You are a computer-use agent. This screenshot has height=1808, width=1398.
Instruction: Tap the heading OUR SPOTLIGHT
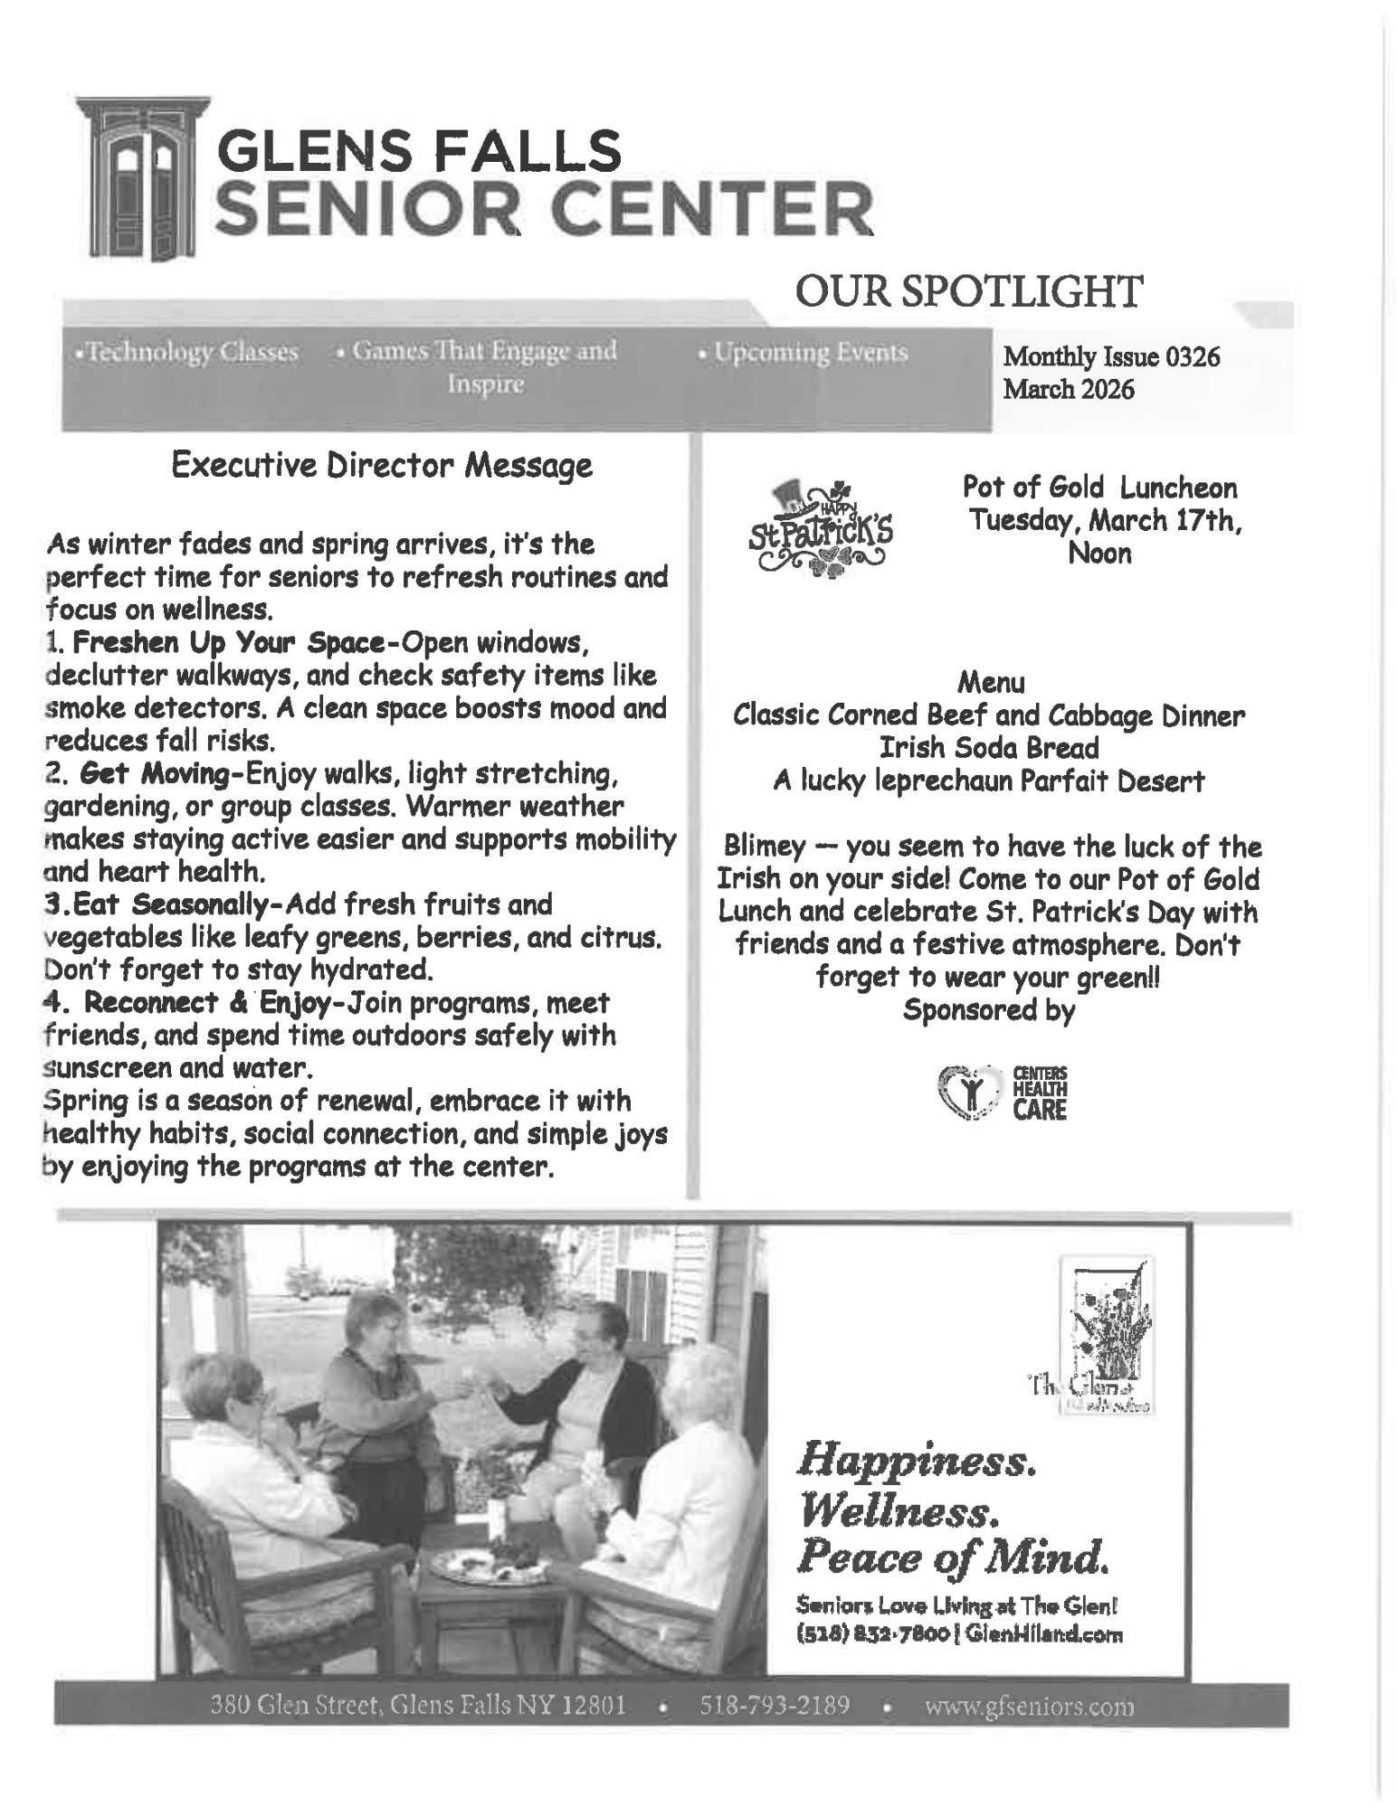tap(968, 292)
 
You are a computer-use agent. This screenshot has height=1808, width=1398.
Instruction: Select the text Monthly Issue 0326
tap(1111, 356)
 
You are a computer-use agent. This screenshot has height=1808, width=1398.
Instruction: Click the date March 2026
tap(1068, 390)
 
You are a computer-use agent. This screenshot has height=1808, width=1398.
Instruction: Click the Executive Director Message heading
tap(381, 466)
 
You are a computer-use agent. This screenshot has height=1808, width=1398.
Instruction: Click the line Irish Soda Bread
tap(989, 748)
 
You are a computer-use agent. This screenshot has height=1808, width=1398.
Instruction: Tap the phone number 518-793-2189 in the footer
tap(775, 1706)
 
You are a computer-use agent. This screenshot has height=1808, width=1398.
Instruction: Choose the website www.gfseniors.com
tap(1029, 1707)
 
